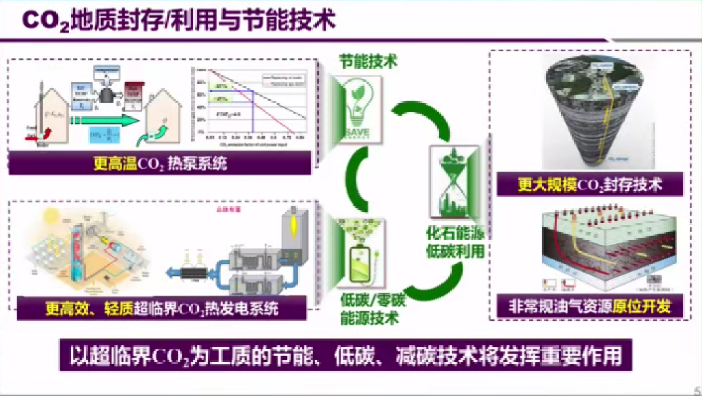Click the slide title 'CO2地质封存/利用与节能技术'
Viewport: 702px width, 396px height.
[179, 20]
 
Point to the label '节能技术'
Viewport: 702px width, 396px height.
[369, 62]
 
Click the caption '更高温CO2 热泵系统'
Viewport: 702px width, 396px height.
[161, 164]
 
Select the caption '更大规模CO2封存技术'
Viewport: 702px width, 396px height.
[590, 184]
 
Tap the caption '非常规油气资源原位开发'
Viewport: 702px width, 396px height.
[590, 306]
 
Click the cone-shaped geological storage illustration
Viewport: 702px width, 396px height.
[593, 110]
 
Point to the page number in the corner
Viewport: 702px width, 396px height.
[697, 387]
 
